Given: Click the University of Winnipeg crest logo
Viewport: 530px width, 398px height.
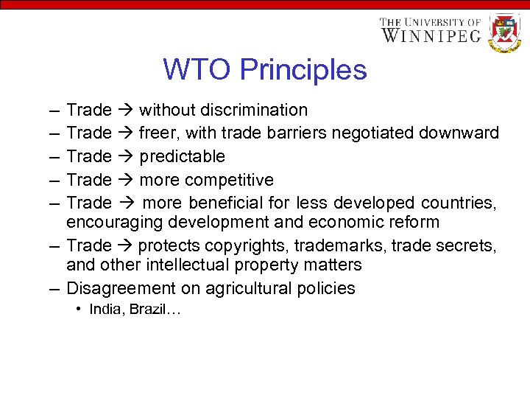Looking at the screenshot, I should coord(505,32).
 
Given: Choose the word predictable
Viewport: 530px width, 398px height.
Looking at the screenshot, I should coord(182,157).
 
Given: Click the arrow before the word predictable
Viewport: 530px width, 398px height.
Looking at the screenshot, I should coord(124,157).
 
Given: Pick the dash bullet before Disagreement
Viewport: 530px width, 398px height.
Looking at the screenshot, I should coord(55,288).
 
